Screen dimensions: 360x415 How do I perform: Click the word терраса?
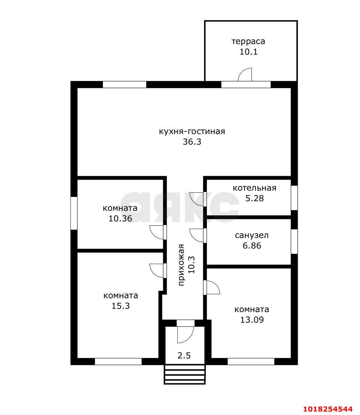tap(248, 41)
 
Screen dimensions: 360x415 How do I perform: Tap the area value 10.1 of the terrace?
tap(248, 52)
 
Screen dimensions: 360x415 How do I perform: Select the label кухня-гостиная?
tap(192, 131)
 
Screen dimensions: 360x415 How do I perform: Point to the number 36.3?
tap(192, 142)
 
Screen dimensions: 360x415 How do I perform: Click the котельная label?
tap(254, 188)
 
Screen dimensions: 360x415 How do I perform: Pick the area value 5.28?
tap(254, 198)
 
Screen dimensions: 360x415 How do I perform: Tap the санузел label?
tap(252, 235)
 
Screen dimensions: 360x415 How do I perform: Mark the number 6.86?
tap(252, 246)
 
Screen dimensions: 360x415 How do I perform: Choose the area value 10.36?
tap(120, 218)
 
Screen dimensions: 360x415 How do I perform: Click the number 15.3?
tap(120, 306)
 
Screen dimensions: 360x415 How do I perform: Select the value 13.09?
tap(252, 320)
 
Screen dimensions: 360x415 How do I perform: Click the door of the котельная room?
tap(197, 199)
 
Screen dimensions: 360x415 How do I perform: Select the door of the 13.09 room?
tap(211, 287)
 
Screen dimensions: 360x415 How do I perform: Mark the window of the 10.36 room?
tap(74, 213)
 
